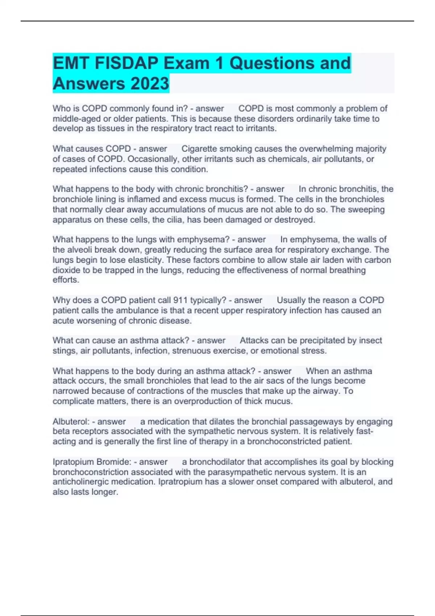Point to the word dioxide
[66, 270]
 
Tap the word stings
[64, 351]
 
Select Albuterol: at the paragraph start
[71, 422]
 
